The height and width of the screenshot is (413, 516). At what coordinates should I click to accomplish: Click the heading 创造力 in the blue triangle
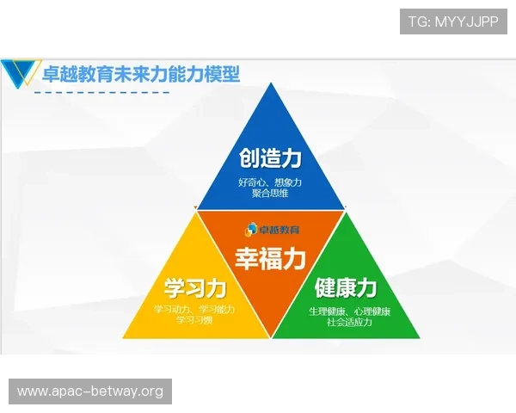pos(270,159)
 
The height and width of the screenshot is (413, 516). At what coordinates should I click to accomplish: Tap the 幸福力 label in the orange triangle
pos(270,257)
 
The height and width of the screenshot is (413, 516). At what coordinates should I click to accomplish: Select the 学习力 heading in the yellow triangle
pos(194,287)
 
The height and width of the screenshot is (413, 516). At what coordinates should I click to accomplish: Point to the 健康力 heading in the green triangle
pos(346,287)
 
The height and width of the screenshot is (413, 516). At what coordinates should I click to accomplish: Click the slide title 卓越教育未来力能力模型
pos(141,74)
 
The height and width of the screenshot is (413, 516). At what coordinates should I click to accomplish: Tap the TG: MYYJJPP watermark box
pos(454,21)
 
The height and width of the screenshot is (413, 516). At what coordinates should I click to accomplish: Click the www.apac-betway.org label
pos(89,391)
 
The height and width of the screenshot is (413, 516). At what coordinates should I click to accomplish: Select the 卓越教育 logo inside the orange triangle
pos(271,229)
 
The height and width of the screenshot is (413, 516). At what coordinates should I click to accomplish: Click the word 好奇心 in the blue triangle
pos(252,182)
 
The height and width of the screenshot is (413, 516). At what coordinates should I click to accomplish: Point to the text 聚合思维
pos(270,194)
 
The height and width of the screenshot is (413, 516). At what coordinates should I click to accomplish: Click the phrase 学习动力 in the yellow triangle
pos(173,309)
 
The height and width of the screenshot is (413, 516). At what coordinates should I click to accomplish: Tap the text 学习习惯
pos(194,320)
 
